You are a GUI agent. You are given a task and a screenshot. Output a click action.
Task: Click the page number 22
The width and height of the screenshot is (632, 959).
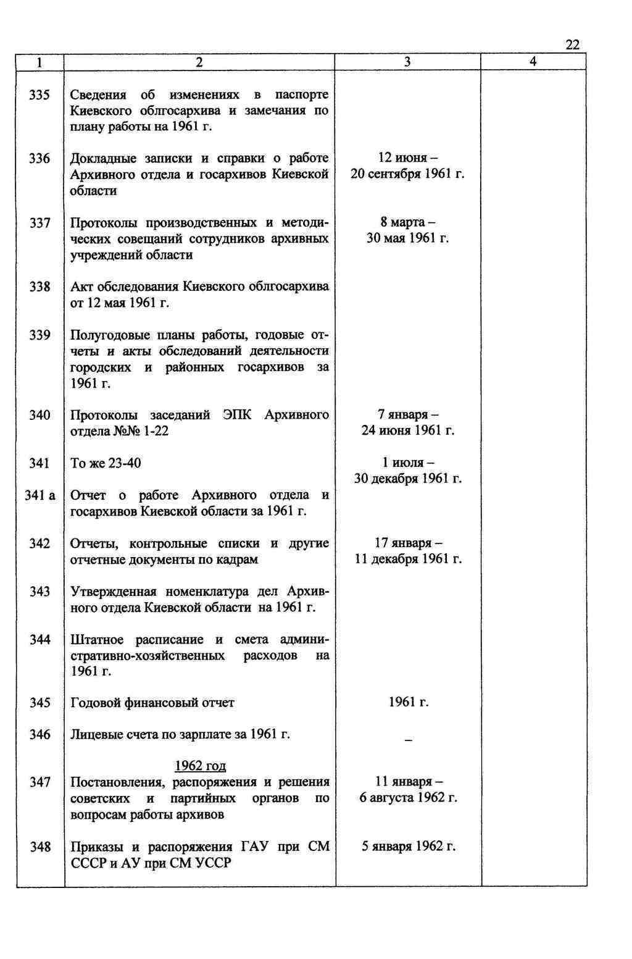572,44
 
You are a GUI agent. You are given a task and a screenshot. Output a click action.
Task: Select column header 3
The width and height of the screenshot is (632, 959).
407,62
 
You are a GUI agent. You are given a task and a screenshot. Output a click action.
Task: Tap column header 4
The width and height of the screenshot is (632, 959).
533,62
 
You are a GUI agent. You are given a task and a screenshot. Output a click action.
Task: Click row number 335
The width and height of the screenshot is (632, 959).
40,95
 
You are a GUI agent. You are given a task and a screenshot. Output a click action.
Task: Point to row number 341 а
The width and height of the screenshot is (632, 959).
40,495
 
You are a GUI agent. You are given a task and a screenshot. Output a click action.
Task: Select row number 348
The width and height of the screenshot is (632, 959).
40,847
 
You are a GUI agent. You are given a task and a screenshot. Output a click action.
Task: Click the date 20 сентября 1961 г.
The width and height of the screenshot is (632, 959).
407,175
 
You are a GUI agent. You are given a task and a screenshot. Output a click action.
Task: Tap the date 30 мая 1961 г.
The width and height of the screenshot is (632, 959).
407,238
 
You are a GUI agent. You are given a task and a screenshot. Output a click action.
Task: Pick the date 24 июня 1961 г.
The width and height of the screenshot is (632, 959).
407,430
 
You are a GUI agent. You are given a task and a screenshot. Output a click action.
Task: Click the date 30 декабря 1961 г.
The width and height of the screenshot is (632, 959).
407,479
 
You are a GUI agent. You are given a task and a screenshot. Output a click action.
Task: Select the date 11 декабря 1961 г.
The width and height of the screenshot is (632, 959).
407,559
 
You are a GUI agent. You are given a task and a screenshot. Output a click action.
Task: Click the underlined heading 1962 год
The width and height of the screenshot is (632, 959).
201,766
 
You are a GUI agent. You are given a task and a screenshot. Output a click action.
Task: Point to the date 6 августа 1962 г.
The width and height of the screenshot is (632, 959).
407,798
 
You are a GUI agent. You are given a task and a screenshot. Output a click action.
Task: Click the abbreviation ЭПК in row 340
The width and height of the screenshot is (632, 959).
237,414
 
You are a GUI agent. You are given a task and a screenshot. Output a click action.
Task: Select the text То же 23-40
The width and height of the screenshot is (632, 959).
106,463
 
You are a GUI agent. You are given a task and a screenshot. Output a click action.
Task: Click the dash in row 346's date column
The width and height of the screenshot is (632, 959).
407,740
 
